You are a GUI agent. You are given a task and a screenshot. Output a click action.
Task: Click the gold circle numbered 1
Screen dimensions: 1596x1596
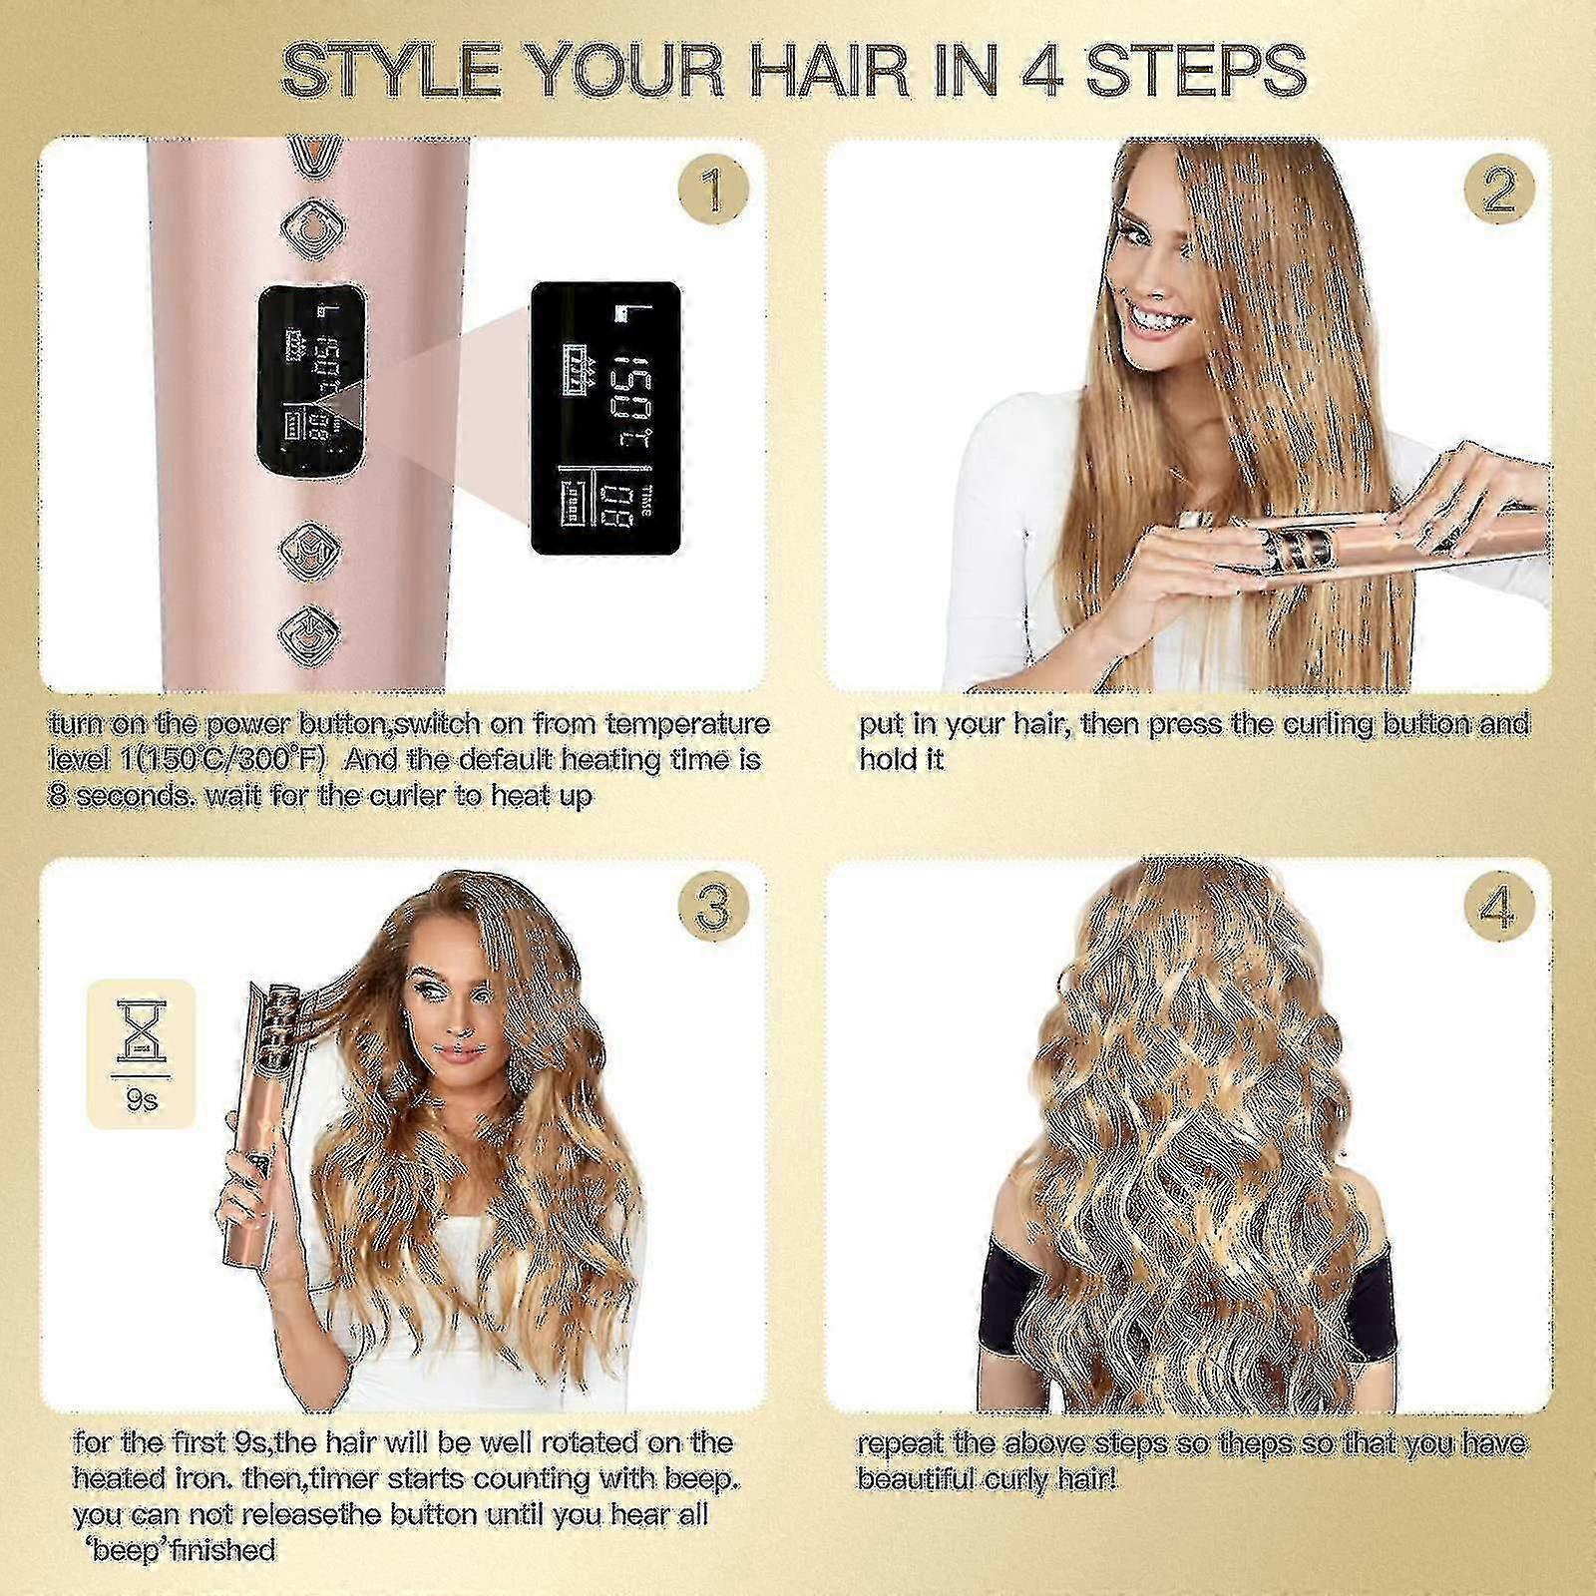click(711, 191)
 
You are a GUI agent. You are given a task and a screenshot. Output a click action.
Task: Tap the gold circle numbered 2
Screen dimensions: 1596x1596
click(1499, 191)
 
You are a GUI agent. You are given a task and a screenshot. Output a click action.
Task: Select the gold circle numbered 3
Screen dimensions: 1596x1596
click(711, 909)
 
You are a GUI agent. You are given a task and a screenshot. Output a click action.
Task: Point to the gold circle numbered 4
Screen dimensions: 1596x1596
click(1499, 909)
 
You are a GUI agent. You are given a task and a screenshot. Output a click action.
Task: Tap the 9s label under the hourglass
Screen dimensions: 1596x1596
click(143, 1101)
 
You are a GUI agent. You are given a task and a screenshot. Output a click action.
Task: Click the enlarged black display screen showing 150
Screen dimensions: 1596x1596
click(605, 418)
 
